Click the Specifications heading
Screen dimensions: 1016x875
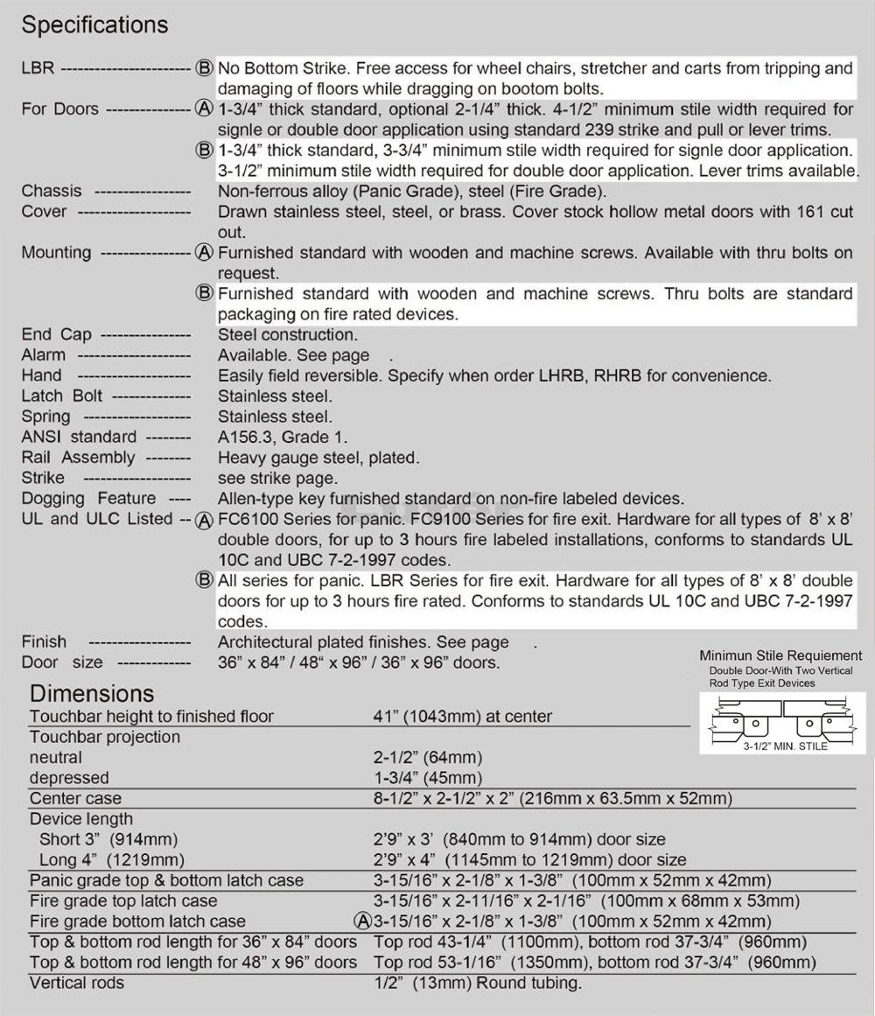pyautogui.click(x=94, y=25)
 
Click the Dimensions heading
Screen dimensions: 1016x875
pyautogui.click(x=92, y=694)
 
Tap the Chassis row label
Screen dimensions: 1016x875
pyautogui.click(x=52, y=191)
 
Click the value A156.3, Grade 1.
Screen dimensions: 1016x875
pyautogui.click(x=283, y=437)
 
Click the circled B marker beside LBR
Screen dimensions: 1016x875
pyautogui.click(x=204, y=68)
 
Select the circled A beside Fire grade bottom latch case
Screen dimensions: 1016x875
pyautogui.click(x=362, y=921)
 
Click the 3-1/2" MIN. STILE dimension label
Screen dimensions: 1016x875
pyautogui.click(x=785, y=746)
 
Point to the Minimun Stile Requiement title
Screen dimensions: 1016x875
pyautogui.click(x=780, y=655)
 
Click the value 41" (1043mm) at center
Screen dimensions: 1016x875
pyautogui.click(x=463, y=716)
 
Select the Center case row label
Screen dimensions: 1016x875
pyautogui.click(x=75, y=798)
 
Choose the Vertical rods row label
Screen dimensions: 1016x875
pyautogui.click(x=77, y=983)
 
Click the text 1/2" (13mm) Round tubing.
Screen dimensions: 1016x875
pyautogui.click(x=477, y=983)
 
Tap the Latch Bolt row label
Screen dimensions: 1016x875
pyautogui.click(x=62, y=396)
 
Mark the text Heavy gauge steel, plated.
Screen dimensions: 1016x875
pyautogui.click(x=318, y=458)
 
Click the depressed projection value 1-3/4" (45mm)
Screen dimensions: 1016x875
pyautogui.click(x=427, y=778)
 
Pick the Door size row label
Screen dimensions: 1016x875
pyautogui.click(x=62, y=662)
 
